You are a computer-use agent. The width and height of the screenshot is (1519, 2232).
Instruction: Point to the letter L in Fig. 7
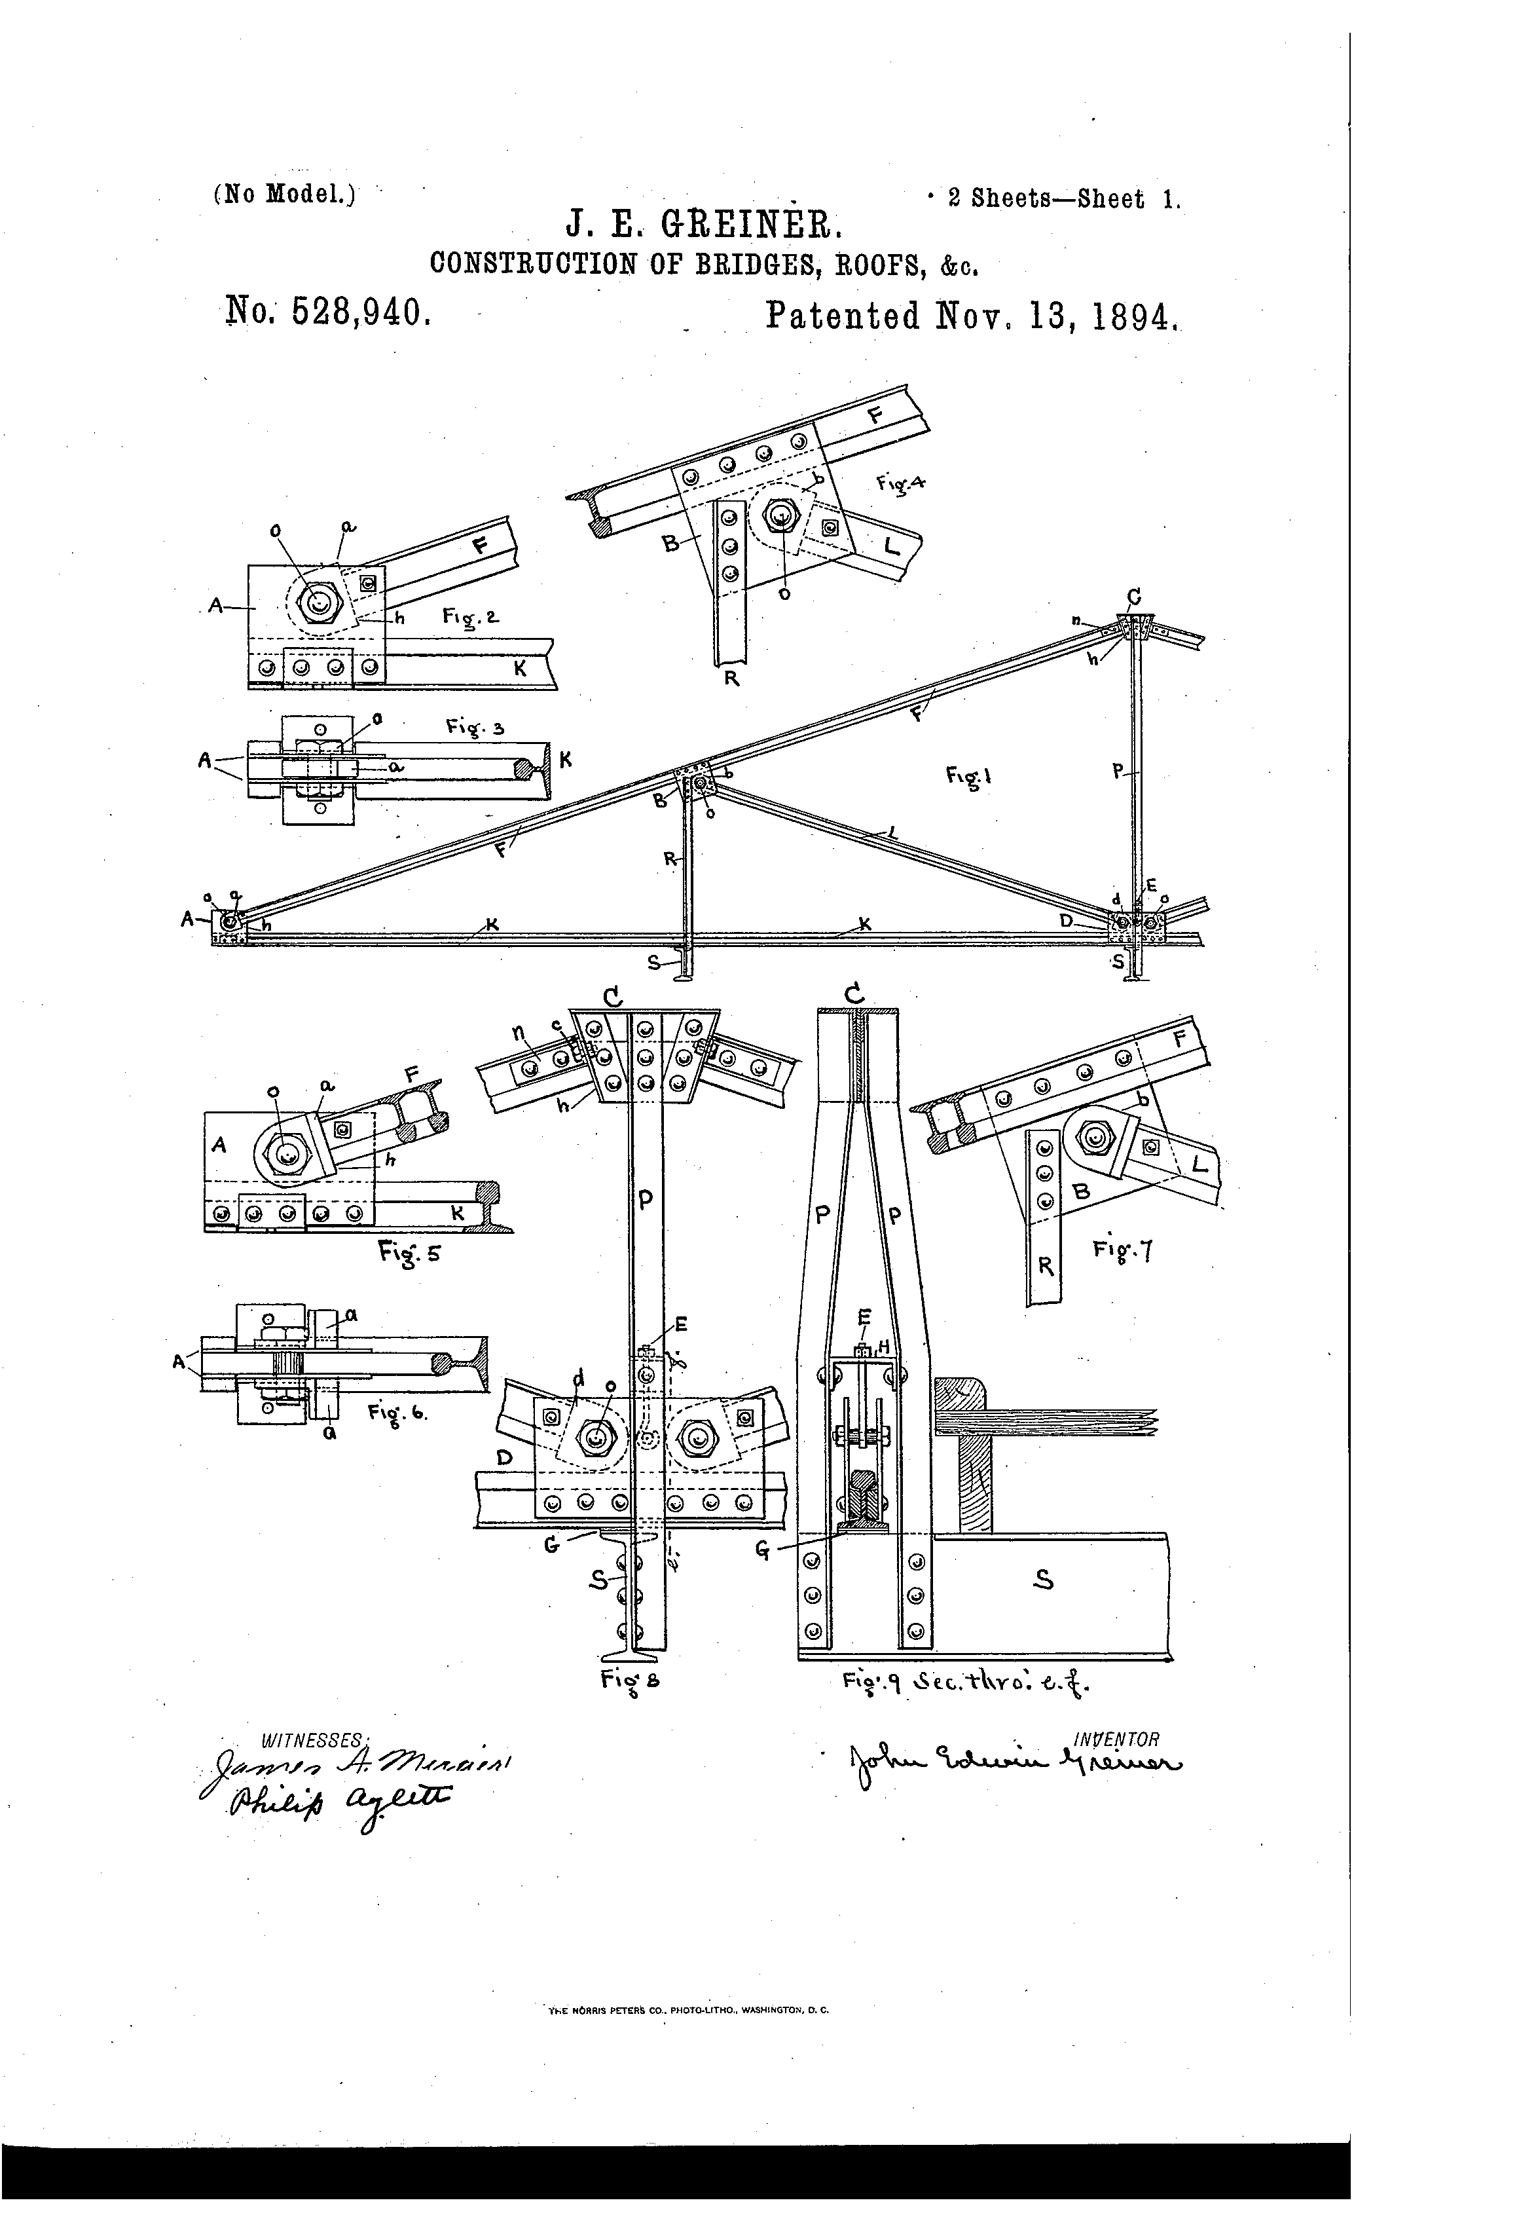[1200, 1167]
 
